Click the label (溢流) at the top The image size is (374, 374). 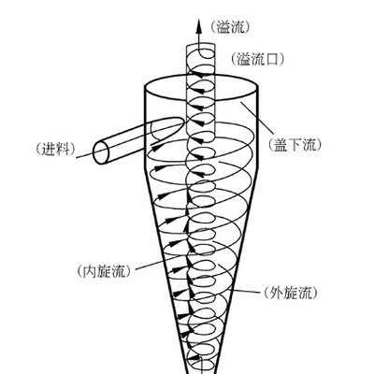pos(230,28)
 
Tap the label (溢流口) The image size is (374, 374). pos(257,59)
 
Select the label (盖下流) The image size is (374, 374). pos(295,145)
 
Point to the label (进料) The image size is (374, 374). pos(55,149)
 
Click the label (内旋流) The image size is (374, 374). pos(103,271)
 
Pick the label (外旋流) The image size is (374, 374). pos(291,293)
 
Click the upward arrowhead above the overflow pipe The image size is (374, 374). pos(198,25)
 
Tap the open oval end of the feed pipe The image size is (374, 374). pos(101,152)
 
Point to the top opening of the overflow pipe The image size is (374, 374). pos(200,45)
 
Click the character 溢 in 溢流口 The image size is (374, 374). pos(244,59)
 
